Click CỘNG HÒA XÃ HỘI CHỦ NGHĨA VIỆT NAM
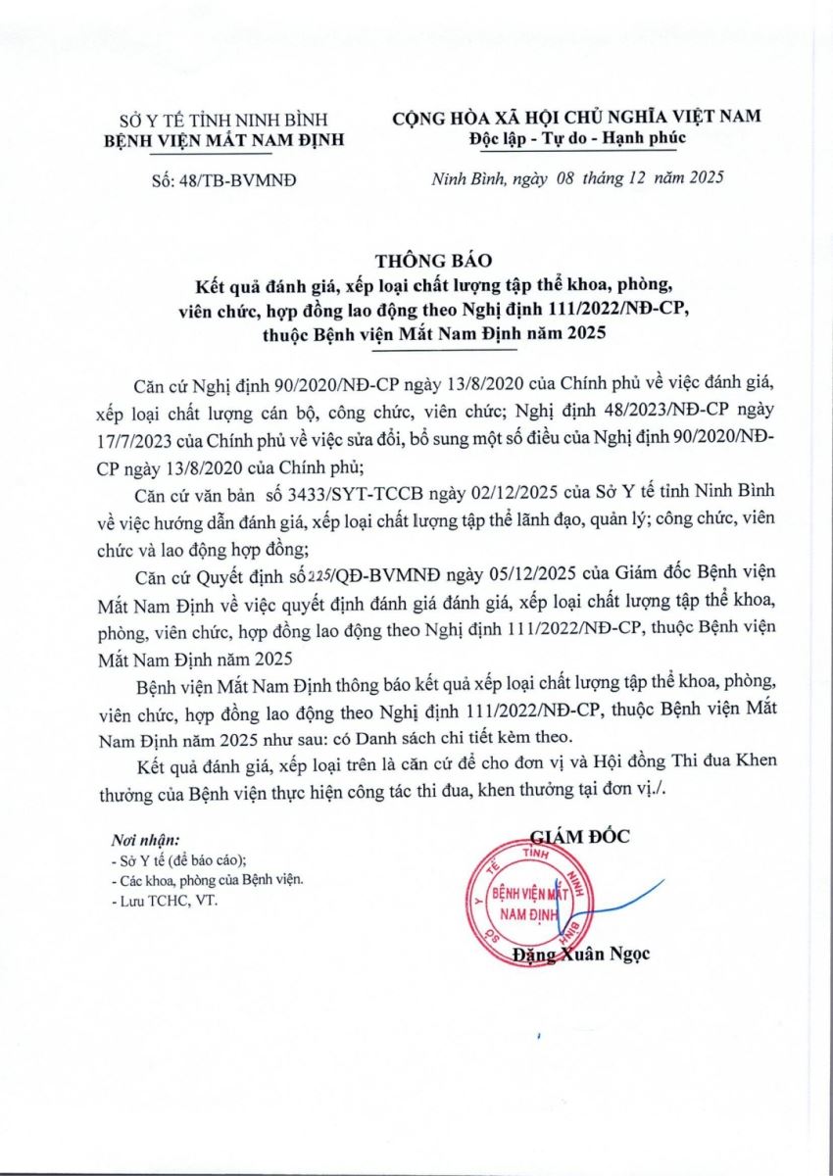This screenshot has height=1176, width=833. tap(576, 117)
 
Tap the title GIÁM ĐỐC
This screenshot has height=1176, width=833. tap(579, 836)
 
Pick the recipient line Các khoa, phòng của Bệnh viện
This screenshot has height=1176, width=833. tap(207, 880)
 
